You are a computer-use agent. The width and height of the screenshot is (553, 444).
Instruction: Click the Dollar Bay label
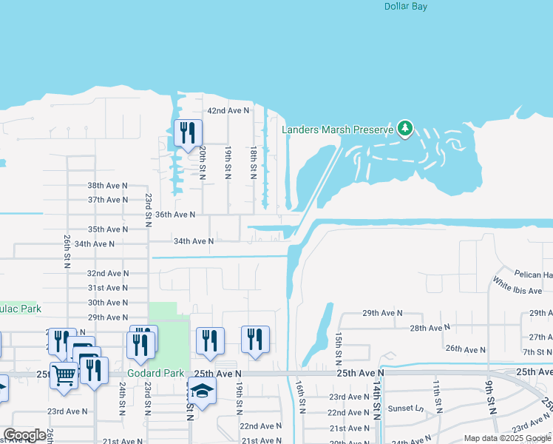click(x=406, y=7)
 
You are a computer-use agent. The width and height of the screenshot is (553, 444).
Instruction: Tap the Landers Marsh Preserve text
click(x=337, y=129)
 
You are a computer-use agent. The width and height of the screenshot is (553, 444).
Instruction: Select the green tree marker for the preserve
click(x=404, y=129)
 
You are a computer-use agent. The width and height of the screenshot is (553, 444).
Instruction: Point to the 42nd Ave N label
click(x=228, y=110)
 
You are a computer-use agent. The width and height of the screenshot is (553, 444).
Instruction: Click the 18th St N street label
click(x=253, y=163)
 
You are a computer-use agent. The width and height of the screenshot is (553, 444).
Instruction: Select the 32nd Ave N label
click(x=107, y=273)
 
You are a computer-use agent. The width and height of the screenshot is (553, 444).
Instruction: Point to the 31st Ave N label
click(x=107, y=288)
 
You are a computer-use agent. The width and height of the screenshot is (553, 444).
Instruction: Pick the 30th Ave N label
click(x=107, y=303)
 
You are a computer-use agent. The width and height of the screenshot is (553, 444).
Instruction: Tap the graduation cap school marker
click(x=201, y=389)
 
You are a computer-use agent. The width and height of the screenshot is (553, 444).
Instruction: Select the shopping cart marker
click(x=64, y=375)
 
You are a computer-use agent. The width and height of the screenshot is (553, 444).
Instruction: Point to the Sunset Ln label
click(x=409, y=408)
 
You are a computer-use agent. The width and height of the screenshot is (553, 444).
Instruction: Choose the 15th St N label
click(x=337, y=345)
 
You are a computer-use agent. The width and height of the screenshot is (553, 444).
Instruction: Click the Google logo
click(x=24, y=436)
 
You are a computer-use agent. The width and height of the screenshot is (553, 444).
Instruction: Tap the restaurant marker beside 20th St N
click(x=188, y=133)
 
